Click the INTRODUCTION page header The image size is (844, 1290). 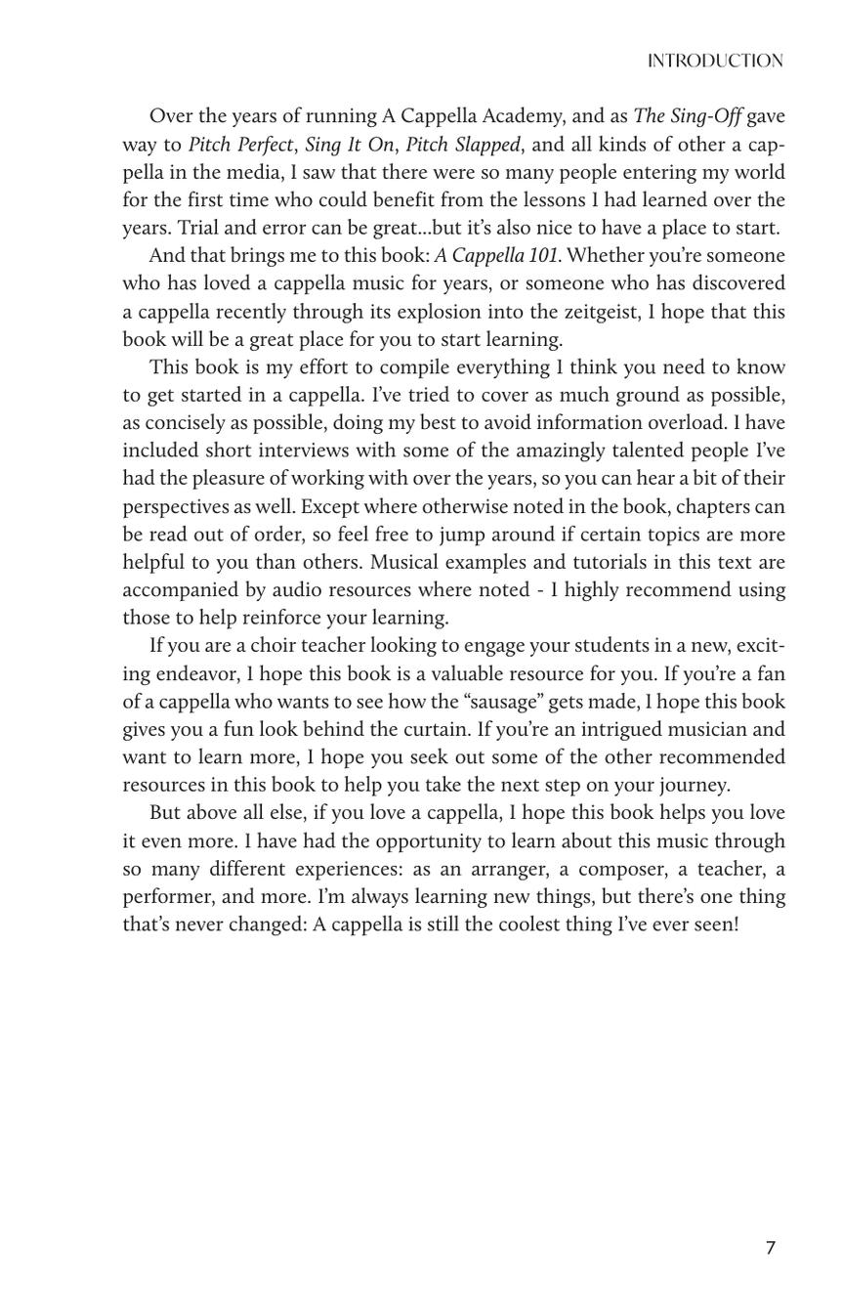tap(714, 62)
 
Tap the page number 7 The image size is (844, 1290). tap(770, 1248)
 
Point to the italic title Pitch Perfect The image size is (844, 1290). tap(240, 145)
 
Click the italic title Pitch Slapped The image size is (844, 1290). tap(463, 145)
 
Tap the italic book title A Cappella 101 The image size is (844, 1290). tap(497, 256)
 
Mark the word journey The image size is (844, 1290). tap(691, 785)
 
